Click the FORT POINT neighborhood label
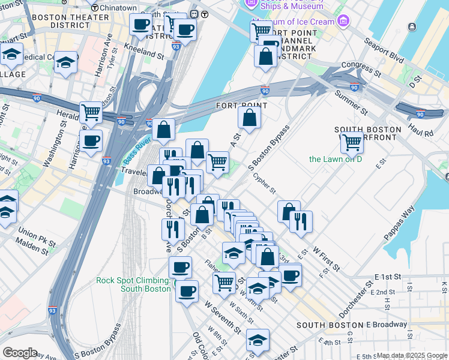[x=241, y=106]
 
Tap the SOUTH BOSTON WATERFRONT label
[x=367, y=134]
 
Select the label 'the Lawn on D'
[x=336, y=159]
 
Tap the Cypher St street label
[x=264, y=184]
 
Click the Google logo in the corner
[x=19, y=353]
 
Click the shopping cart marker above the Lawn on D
[x=351, y=142]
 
